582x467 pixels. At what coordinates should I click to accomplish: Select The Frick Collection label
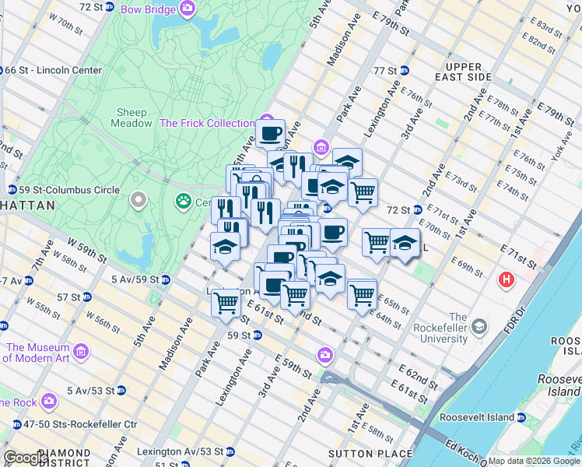207,123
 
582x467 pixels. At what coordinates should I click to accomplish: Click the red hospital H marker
507,279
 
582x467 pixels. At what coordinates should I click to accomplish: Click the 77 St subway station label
384,70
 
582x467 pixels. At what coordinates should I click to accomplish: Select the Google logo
26,458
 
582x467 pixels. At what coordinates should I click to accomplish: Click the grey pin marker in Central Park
139,202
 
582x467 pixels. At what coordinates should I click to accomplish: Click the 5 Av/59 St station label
135,279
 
